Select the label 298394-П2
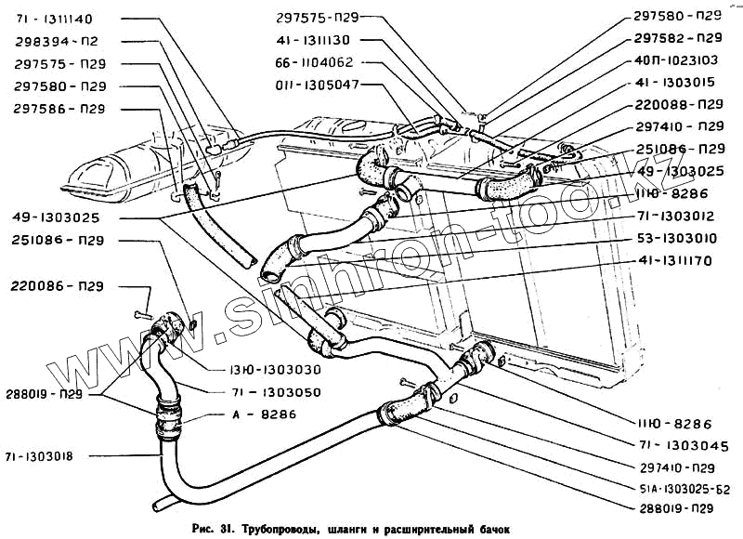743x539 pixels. pyautogui.click(x=57, y=42)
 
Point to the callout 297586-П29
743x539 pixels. pyautogui.click(x=59, y=109)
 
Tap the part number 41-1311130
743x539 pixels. pyautogui.click(x=313, y=41)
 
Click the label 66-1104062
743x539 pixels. pyautogui.click(x=314, y=64)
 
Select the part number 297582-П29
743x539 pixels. pyautogui.click(x=679, y=38)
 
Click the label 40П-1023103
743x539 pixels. pyautogui.click(x=679, y=59)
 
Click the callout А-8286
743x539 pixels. pyautogui.click(x=255, y=414)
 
